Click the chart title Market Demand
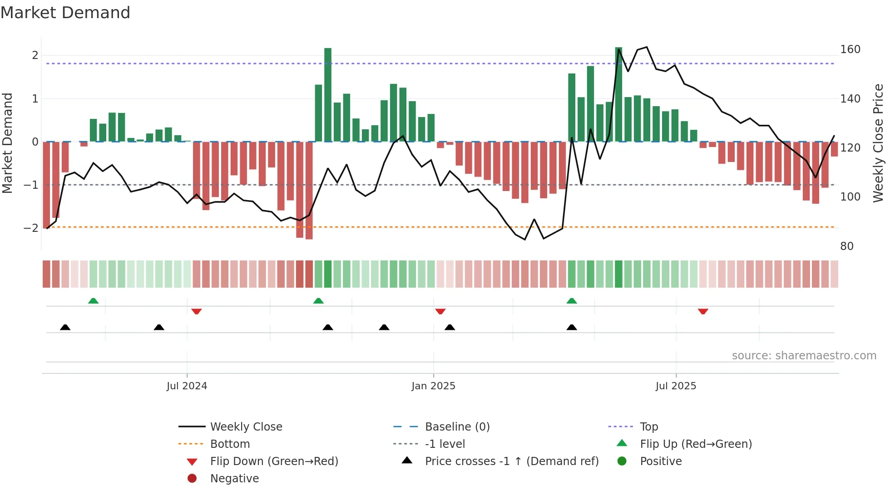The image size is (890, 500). [65, 13]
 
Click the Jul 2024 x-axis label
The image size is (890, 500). [187, 386]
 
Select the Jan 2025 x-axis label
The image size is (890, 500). [433, 386]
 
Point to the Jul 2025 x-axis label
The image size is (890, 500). [676, 386]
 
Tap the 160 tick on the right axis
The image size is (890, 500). [850, 49]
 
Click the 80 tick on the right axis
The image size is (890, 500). [847, 246]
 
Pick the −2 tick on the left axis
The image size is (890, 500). [31, 228]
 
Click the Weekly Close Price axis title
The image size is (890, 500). [878, 143]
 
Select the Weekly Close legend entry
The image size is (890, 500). [246, 427]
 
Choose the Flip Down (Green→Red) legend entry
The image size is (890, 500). [274, 461]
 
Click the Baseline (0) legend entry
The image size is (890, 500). [457, 427]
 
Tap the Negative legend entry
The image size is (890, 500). [234, 479]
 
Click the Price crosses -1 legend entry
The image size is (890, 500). [511, 461]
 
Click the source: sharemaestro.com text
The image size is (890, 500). [804, 356]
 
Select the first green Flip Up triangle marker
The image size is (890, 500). [93, 301]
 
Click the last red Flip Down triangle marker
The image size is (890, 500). [703, 311]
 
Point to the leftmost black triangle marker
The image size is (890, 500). [65, 327]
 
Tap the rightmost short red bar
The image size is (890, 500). [834, 149]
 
